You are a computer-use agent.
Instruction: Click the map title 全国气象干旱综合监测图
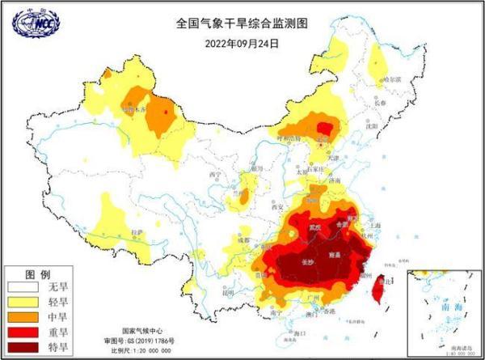pyautogui.click(x=242, y=23)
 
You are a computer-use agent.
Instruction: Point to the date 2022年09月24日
pyautogui.click(x=242, y=42)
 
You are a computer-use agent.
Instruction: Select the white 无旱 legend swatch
pyautogui.click(x=24, y=286)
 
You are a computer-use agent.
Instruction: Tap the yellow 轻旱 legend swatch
pyautogui.click(x=24, y=303)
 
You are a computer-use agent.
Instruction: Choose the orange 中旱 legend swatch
pyautogui.click(x=24, y=318)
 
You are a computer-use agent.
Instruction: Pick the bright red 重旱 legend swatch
pyautogui.click(x=24, y=332)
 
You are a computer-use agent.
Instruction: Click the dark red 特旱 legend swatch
pyautogui.click(x=24, y=348)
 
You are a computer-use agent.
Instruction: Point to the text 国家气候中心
pyautogui.click(x=142, y=332)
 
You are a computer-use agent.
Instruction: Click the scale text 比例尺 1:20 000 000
pyautogui.click(x=142, y=351)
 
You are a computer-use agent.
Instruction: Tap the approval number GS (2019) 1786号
pyautogui.click(x=142, y=341)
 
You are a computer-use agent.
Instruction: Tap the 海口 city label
pyautogui.click(x=301, y=332)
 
